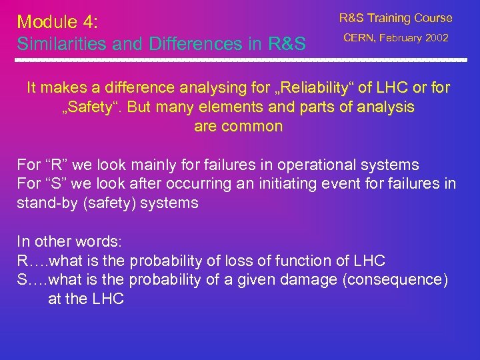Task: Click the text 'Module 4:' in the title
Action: coord(57,22)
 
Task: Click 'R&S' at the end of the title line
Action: coord(287,44)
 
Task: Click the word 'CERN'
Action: coord(361,38)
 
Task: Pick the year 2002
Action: coord(437,38)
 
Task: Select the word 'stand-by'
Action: coord(44,203)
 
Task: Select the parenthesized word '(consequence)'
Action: coord(395,280)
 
